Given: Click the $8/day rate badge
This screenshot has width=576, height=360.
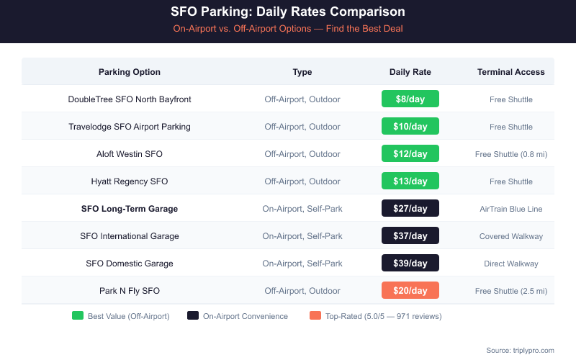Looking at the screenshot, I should [x=410, y=99].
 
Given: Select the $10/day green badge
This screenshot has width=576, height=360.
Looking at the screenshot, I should [x=410, y=127].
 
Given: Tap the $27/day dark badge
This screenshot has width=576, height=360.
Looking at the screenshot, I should [x=410, y=209].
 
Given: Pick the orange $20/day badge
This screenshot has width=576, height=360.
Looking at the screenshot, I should [x=410, y=291].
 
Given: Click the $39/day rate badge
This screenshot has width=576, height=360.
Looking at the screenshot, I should [x=410, y=264].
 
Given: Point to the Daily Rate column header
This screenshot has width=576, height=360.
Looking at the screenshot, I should [x=410, y=72].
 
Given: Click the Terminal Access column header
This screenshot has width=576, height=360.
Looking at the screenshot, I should [x=510, y=72].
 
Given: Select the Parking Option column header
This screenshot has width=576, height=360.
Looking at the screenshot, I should [x=130, y=72].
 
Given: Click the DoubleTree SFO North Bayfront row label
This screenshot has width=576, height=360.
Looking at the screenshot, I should [x=130, y=99].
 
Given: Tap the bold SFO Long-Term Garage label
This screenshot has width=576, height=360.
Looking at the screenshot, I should [x=130, y=209].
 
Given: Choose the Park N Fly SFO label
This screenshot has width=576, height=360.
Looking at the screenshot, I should [x=130, y=291].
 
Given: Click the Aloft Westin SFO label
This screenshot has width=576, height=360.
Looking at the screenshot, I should [x=130, y=154].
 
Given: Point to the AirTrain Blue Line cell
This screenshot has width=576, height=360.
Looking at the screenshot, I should [x=510, y=209].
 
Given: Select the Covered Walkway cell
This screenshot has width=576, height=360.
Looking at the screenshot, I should [x=510, y=236].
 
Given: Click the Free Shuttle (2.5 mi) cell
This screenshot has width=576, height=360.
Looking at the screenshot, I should [x=510, y=291].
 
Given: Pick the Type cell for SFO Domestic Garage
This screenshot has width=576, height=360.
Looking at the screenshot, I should [x=302, y=264].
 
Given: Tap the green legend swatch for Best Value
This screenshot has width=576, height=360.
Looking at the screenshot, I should [x=78, y=316].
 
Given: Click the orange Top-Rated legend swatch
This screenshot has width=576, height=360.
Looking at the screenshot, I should [x=314, y=316].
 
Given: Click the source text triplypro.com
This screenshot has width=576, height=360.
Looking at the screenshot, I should [x=520, y=350].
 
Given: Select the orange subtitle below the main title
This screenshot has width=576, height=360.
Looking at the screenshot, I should [x=288, y=29].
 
